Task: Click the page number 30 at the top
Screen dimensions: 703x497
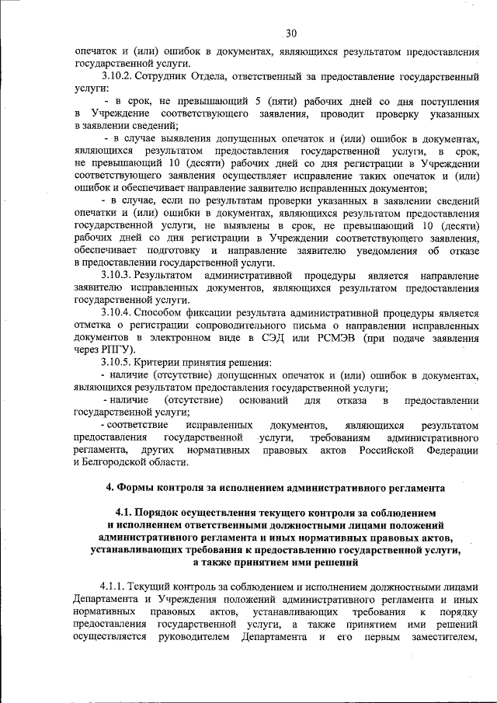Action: (x=291, y=33)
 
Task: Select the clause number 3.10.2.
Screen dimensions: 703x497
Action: (x=117, y=78)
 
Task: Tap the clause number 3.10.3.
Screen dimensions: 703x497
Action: (x=117, y=276)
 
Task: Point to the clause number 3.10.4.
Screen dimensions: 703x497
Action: (x=117, y=313)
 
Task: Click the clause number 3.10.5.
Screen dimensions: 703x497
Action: (x=117, y=363)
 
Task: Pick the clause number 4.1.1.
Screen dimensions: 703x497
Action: (x=113, y=586)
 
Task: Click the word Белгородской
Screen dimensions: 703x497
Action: (x=117, y=462)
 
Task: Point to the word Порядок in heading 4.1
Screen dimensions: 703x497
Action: (x=158, y=513)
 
